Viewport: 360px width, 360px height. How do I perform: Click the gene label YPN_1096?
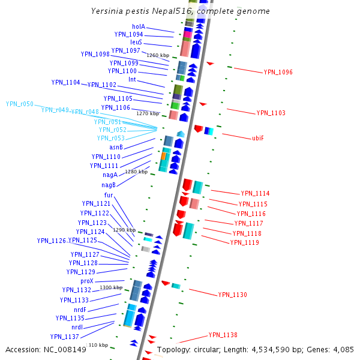coord(278,72)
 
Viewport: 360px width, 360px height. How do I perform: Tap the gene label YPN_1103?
coord(271,113)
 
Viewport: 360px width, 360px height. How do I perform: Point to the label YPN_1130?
coord(232,295)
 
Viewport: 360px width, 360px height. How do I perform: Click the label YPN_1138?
coord(223,335)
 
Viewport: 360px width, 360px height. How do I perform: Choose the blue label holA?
coord(139,27)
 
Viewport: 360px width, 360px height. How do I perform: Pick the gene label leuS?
coord(136,43)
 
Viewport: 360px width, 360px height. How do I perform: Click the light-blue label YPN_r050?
coord(20,104)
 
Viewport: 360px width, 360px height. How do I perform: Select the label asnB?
coord(116,147)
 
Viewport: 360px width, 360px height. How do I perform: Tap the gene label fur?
coord(109,195)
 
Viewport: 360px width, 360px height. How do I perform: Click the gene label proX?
coord(87,281)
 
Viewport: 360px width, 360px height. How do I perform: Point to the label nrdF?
coord(80,310)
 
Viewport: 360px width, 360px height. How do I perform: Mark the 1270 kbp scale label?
coord(148,113)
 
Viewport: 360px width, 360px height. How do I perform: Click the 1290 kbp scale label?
coord(124,230)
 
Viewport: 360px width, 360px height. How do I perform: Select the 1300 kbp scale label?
coord(111,287)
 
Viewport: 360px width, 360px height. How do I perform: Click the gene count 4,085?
coord(343,349)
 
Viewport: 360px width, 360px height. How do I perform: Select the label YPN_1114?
coord(255,194)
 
